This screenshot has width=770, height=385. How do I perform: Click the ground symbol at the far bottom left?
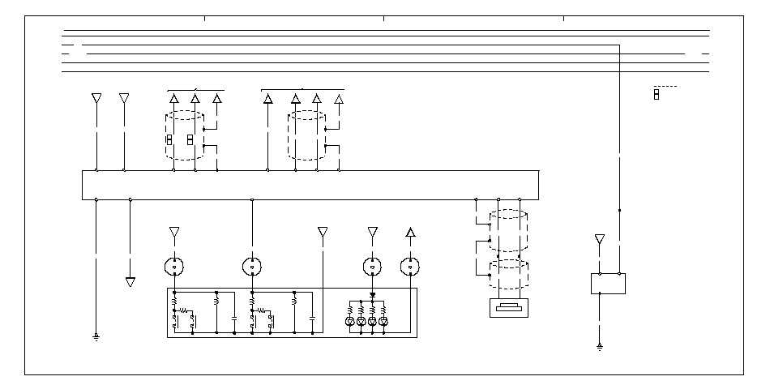pos(96,336)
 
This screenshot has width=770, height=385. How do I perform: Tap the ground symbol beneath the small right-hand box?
pos(600,347)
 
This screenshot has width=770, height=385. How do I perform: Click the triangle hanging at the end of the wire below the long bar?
pos(130,282)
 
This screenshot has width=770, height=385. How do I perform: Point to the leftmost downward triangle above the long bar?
pos(96,98)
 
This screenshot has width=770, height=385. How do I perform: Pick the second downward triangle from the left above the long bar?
pos(124,98)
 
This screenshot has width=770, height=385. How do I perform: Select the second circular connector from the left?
pos(252,265)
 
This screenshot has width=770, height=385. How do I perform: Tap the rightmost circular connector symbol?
pos(411,265)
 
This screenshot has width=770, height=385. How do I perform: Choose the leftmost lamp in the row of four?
pos(350,322)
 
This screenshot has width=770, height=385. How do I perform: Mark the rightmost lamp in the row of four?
pos(383,322)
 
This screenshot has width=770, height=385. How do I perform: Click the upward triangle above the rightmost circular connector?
pos(411,233)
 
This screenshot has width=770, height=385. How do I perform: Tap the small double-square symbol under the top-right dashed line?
pos(656,95)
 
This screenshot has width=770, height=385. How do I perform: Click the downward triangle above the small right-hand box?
pos(600,239)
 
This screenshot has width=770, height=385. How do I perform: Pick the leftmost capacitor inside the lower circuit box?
pos(233,319)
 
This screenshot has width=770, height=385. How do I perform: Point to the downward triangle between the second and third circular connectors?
pos(323,233)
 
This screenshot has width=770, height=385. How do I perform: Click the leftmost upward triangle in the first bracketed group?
pos(174,99)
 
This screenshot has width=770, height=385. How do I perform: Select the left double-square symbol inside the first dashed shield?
pos(169,140)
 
